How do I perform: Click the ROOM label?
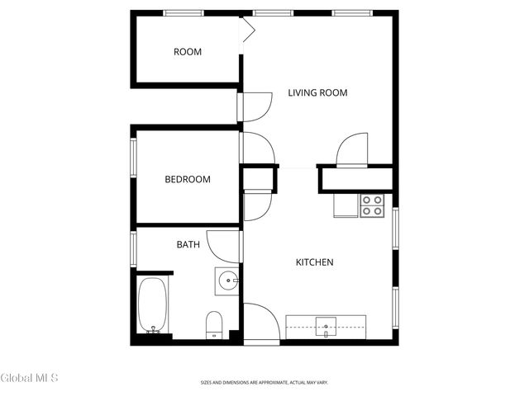tap(188, 52)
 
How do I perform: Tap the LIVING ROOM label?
tap(317, 92)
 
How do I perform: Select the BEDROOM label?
tap(187, 179)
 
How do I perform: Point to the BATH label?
tap(188, 244)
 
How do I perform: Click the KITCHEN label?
tap(314, 262)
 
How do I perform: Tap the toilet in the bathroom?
tap(214, 324)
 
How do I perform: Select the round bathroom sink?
tap(226, 280)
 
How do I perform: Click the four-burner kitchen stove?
tap(372, 205)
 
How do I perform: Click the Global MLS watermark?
tap(30, 379)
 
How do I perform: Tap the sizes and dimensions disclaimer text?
tap(264, 383)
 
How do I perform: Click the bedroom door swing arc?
tap(258, 148)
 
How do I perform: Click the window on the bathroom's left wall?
tap(132, 248)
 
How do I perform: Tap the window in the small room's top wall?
tap(183, 12)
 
